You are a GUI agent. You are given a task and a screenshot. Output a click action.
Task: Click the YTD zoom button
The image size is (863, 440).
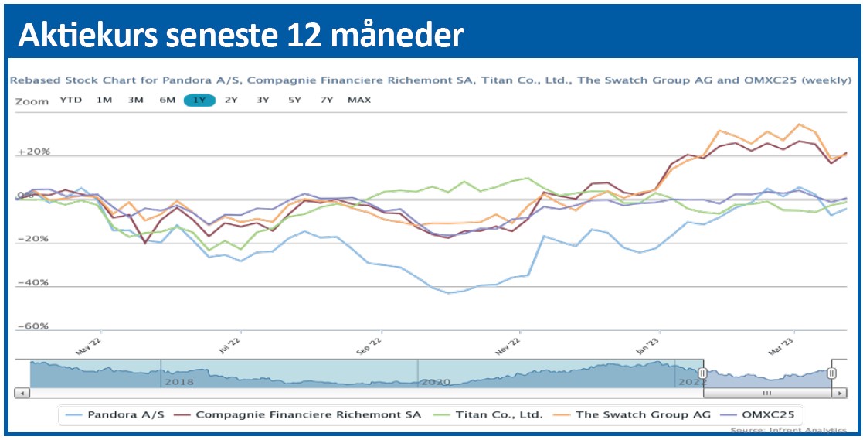coord(71,100)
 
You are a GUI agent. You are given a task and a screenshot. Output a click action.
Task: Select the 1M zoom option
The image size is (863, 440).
coord(104,100)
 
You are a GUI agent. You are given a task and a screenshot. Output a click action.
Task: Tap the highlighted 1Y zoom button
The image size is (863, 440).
coord(199,100)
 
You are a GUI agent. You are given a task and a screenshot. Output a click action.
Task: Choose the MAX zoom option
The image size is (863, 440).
coord(359,100)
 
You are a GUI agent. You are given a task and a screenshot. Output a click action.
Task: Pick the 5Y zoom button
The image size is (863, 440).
coord(294,100)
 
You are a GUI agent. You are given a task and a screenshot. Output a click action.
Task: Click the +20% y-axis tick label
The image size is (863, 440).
coord(33,152)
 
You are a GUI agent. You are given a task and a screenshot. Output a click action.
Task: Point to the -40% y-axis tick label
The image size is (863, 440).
coord(34,283)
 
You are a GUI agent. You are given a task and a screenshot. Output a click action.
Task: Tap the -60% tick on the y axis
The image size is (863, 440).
coord(34,326)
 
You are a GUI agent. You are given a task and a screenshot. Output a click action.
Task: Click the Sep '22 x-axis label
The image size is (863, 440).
coord(370,344)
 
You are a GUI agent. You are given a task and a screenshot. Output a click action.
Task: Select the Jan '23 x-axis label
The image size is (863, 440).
coord(648,344)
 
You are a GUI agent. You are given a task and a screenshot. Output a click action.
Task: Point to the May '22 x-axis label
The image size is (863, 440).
coord(90,344)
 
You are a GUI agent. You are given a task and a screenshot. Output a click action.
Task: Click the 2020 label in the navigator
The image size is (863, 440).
coord(436,382)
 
